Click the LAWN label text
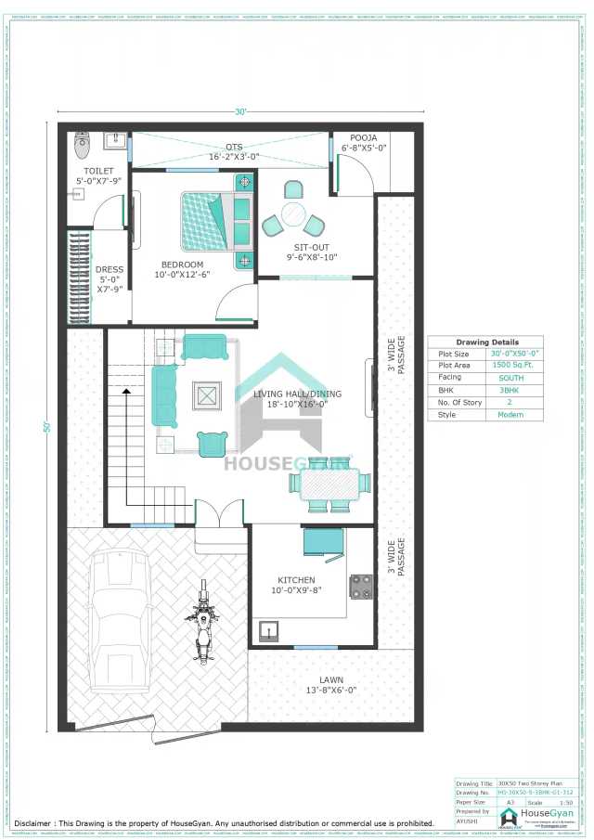point(330,678)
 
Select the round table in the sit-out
point(293,214)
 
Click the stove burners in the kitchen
point(360,586)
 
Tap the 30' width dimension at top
point(240,113)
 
